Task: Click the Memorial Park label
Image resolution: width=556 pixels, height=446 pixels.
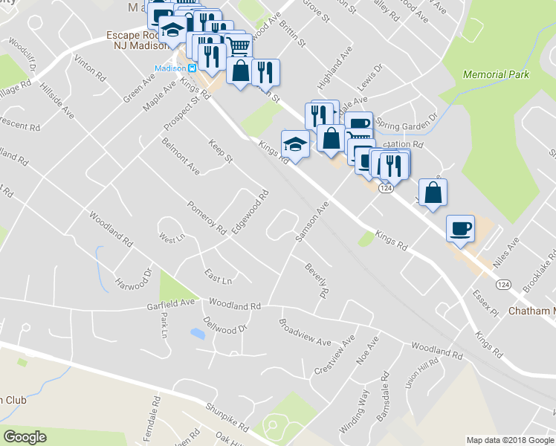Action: [495, 74]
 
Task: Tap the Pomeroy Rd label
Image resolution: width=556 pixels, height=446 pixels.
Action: [206, 219]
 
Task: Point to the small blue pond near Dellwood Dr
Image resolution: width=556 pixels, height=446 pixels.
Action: [198, 334]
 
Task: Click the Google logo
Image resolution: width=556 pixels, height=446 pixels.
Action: [25, 437]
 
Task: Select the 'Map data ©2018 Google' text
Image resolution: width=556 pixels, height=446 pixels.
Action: [510, 440]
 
